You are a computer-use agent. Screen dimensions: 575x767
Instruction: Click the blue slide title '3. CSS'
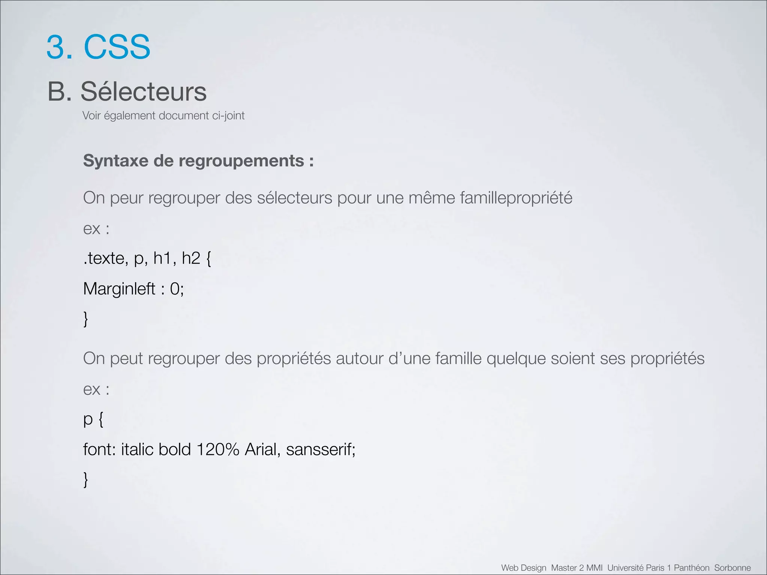pyautogui.click(x=98, y=47)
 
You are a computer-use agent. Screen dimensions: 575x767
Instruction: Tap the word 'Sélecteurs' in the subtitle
pyautogui.click(x=143, y=92)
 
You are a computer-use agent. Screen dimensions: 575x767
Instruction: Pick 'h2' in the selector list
pyautogui.click(x=191, y=258)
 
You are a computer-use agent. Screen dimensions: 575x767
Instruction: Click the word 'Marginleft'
pyautogui.click(x=119, y=289)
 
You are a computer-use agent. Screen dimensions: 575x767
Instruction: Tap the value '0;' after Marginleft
pyautogui.click(x=177, y=289)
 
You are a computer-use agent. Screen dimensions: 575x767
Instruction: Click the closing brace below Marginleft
pyautogui.click(x=86, y=319)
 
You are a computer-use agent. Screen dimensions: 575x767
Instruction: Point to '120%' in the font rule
pyautogui.click(x=218, y=450)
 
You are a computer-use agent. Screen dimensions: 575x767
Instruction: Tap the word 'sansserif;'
pyautogui.click(x=321, y=450)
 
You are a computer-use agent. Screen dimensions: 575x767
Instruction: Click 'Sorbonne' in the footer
pyautogui.click(x=732, y=568)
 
